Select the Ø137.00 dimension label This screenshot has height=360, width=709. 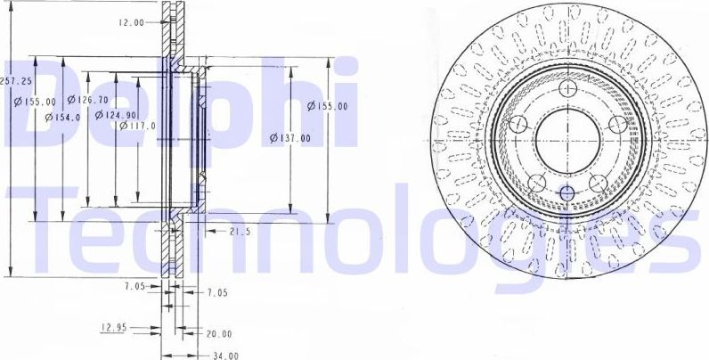pos(290,138)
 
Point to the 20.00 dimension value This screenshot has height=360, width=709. pos(218,334)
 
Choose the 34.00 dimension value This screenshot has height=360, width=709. pos(225,355)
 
